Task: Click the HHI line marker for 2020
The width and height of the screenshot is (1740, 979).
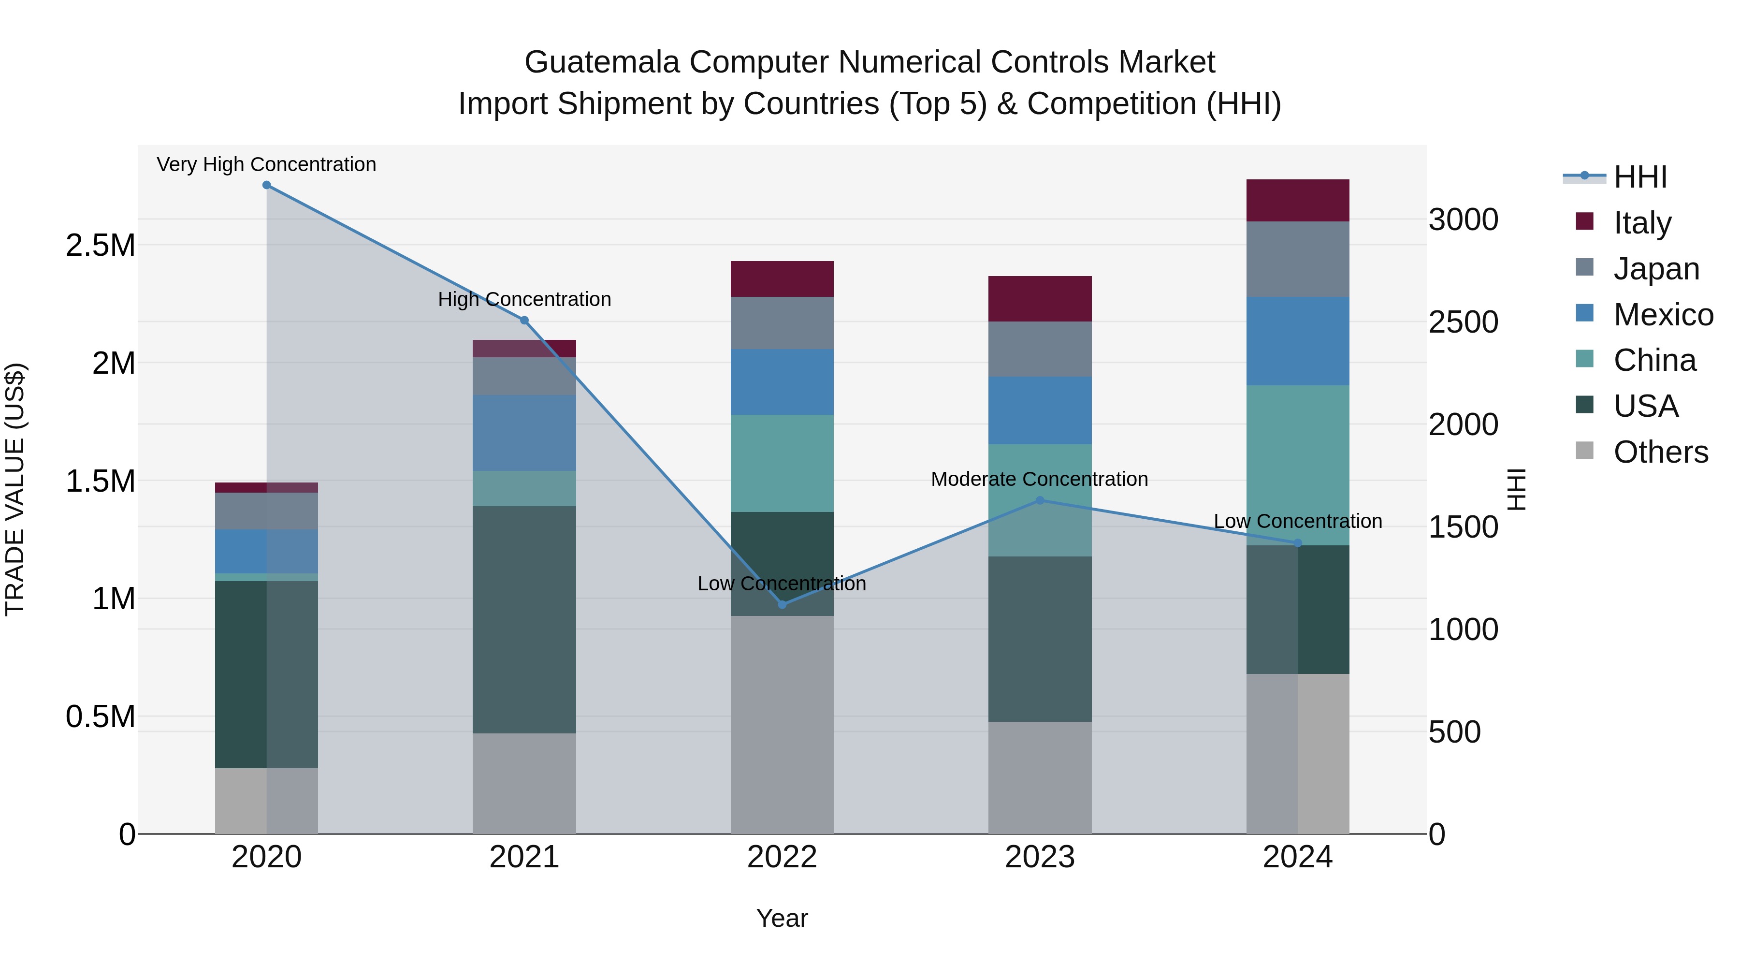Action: (266, 185)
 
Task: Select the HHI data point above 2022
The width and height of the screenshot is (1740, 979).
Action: (782, 604)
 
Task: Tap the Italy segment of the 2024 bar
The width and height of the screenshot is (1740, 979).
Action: (1298, 201)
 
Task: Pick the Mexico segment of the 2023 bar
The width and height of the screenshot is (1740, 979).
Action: (1040, 410)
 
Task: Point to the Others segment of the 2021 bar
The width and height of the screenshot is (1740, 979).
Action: (524, 783)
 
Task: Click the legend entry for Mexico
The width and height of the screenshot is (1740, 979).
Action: (1662, 315)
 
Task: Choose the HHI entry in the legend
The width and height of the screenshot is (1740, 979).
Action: (1639, 177)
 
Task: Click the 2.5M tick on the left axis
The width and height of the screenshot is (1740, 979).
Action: (101, 245)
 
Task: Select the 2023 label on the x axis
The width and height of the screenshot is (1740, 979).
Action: (1040, 857)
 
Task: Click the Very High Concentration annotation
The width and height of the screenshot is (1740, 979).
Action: (266, 164)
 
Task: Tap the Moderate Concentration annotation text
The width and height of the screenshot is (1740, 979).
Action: (1039, 479)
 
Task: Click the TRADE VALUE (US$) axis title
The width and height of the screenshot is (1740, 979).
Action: (15, 489)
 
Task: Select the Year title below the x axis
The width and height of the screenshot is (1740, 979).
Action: (782, 918)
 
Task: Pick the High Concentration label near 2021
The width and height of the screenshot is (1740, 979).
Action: (524, 299)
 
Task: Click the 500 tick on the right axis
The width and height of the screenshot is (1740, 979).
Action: (1454, 732)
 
